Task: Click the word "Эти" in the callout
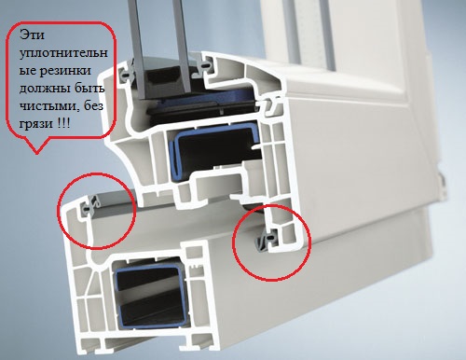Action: point(32,35)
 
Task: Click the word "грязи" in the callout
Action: point(35,124)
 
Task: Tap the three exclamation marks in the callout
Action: point(63,123)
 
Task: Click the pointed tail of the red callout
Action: point(37,153)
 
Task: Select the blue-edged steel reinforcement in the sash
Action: point(215,153)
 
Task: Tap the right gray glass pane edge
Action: point(184,47)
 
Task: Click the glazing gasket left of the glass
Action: point(128,72)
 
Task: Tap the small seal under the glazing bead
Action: point(269,104)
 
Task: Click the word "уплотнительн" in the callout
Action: point(63,53)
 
